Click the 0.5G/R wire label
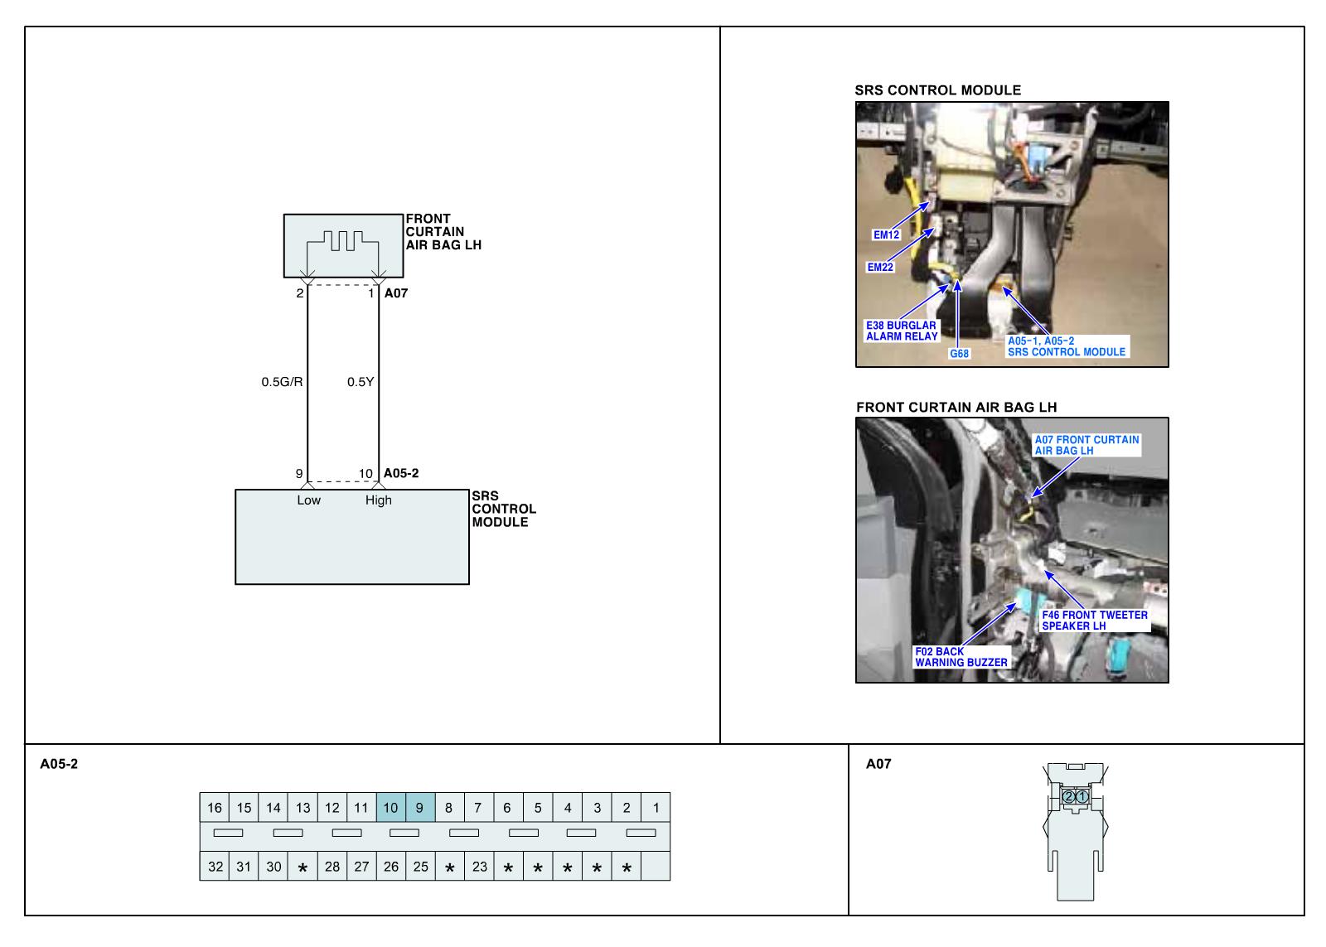(282, 382)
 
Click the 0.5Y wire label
(360, 382)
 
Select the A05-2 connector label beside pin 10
(401, 473)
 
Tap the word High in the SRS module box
(378, 500)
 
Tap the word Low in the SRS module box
(308, 500)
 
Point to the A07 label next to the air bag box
(396, 293)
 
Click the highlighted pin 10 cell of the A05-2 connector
(390, 808)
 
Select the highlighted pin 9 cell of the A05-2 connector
(419, 808)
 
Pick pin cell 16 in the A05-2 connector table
(215, 808)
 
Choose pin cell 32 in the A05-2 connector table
(215, 867)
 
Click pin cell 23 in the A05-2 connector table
(479, 867)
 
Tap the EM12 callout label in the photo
(886, 234)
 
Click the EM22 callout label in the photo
(880, 267)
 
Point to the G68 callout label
(959, 354)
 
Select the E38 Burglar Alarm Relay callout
(902, 331)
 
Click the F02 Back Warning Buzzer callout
(961, 657)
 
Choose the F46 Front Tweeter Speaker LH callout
(1094, 620)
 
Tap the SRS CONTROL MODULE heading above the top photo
(937, 90)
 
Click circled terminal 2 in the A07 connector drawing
(1068, 796)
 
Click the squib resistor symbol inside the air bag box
(343, 241)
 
